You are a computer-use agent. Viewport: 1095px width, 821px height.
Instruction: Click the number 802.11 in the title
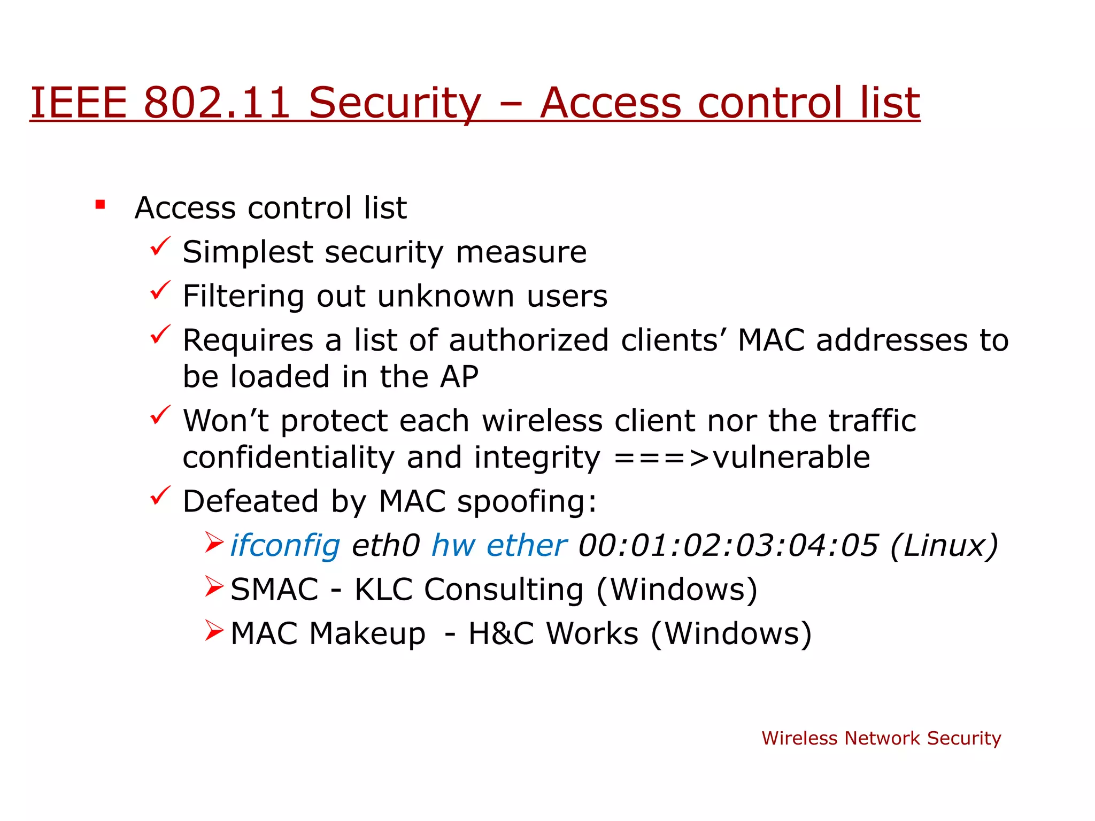point(217,103)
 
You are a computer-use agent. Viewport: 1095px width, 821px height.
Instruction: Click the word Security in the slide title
point(395,103)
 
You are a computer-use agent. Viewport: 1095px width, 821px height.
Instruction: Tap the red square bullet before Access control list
point(100,205)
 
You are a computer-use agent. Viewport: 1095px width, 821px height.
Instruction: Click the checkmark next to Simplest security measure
point(160,246)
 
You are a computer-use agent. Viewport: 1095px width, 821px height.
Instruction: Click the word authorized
point(528,340)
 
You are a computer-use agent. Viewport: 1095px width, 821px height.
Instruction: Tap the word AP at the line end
point(459,377)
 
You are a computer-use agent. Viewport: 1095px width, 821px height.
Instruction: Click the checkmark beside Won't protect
point(160,415)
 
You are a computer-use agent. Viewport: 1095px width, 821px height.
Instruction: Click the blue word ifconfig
point(285,546)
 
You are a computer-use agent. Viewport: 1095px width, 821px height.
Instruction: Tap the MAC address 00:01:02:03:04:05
point(728,546)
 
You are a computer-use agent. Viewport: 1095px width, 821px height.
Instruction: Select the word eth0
point(385,546)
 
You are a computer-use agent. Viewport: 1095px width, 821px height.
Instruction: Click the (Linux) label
point(944,546)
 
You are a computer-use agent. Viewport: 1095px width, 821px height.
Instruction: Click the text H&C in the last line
point(501,634)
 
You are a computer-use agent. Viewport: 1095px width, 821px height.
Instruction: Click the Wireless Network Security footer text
point(881,738)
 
